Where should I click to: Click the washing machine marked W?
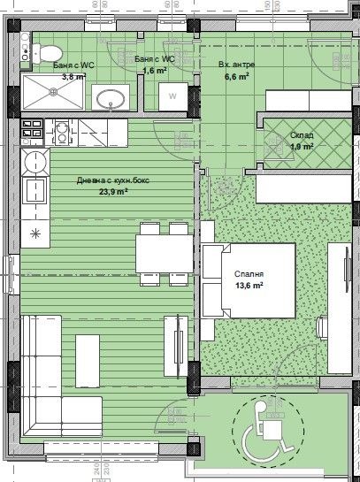pos(172,96)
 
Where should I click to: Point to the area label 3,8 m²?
pos(73,77)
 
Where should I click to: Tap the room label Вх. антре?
pos(235,65)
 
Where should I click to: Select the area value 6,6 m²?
pos(236,76)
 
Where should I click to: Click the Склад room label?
pos(303,134)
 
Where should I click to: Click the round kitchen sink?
pos(36,161)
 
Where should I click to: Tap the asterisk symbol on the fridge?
pos(35,233)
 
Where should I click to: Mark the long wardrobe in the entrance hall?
pos(301,100)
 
